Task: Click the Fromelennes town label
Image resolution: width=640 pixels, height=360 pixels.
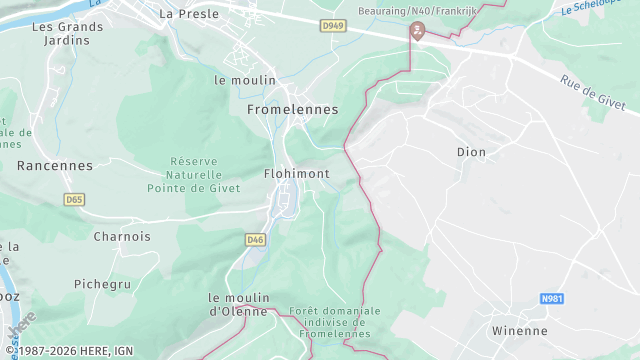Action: (292, 109)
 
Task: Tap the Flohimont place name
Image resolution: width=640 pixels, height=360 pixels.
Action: (296, 173)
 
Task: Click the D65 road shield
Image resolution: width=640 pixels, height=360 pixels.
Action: (74, 200)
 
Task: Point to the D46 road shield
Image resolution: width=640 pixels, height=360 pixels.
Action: (255, 239)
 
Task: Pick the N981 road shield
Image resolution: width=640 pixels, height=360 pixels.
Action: (552, 298)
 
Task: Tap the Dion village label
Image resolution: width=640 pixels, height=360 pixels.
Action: (470, 153)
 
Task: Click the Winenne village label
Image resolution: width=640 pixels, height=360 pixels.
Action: (520, 330)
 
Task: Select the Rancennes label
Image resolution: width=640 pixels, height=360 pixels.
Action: (55, 166)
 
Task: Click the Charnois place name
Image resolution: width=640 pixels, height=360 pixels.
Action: (122, 237)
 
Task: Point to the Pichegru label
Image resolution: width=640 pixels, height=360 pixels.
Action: (103, 284)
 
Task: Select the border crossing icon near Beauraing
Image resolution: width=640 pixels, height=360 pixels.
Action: (416, 32)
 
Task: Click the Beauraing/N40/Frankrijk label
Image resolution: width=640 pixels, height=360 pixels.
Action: (417, 11)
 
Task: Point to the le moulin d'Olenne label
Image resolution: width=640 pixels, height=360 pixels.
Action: (239, 304)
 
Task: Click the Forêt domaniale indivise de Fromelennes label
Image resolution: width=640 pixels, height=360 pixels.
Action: (329, 322)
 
